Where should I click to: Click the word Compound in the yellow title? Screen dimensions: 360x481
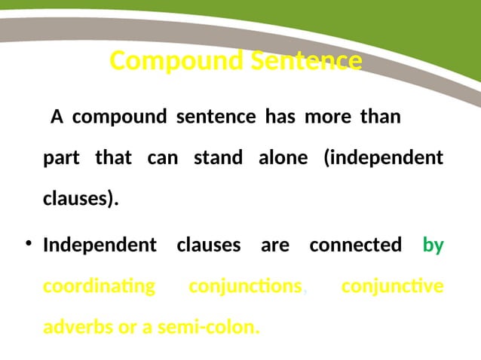tap(168, 60)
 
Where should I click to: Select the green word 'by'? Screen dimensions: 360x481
tap(433, 245)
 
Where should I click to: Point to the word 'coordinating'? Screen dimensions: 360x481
tap(99, 287)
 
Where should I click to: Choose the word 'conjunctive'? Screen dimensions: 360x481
tap(392, 287)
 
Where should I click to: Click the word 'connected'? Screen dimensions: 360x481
tap(355, 245)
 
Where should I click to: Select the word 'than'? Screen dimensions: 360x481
tap(380, 117)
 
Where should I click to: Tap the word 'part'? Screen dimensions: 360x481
tap(61, 158)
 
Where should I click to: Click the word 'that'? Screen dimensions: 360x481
tap(113, 158)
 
